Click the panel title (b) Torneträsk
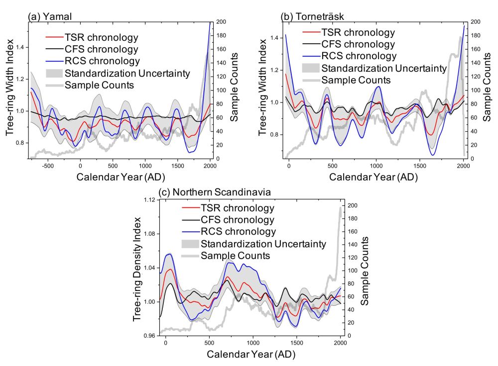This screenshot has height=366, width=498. coord(315,16)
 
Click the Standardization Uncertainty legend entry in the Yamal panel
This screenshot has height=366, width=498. coord(127,74)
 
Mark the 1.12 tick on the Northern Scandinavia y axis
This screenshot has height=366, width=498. coord(148,200)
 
